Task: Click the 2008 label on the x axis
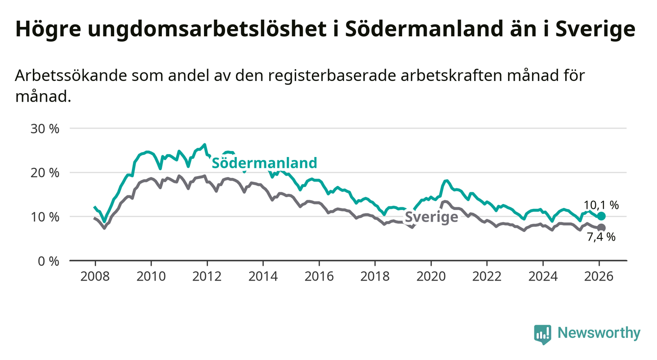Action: pyautogui.click(x=95, y=276)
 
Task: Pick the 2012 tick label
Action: pyautogui.click(x=207, y=276)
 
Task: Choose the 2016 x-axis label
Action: pyautogui.click(x=319, y=276)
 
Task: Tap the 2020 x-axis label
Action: pyautogui.click(x=430, y=276)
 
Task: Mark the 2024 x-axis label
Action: pyautogui.click(x=543, y=276)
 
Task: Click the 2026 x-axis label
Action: pyautogui.click(x=599, y=276)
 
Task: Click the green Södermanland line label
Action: pyautogui.click(x=264, y=163)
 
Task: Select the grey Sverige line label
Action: pyautogui.click(x=431, y=217)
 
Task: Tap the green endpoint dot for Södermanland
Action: pyautogui.click(x=602, y=216)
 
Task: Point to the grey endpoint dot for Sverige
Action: pyautogui.click(x=602, y=228)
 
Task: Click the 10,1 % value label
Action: pyautogui.click(x=601, y=206)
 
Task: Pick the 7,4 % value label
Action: pyautogui.click(x=601, y=238)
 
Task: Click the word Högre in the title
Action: pyautogui.click(x=48, y=30)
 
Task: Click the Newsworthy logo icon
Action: pyautogui.click(x=542, y=334)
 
